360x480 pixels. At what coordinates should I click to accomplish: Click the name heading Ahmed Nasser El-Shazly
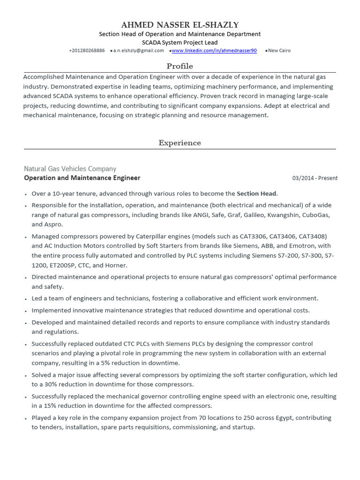[x=180, y=25]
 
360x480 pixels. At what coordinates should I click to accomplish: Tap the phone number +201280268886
[x=87, y=51]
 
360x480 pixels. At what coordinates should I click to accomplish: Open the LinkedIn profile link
[x=214, y=51]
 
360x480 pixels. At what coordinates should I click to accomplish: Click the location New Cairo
[x=279, y=51]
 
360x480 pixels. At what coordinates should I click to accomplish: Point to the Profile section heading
[x=180, y=66]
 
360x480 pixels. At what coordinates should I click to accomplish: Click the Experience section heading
[x=180, y=143]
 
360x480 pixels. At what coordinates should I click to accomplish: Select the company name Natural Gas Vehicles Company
[x=70, y=169]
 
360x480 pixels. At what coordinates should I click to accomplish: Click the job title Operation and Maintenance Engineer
[x=82, y=178]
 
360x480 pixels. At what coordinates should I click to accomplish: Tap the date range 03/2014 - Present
[x=315, y=178]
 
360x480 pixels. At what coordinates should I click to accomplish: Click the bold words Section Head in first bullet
[x=257, y=193]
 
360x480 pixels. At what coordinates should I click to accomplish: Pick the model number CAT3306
[x=253, y=236]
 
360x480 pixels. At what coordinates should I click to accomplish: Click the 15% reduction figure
[x=51, y=405]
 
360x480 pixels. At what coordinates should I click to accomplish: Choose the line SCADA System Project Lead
[x=180, y=42]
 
